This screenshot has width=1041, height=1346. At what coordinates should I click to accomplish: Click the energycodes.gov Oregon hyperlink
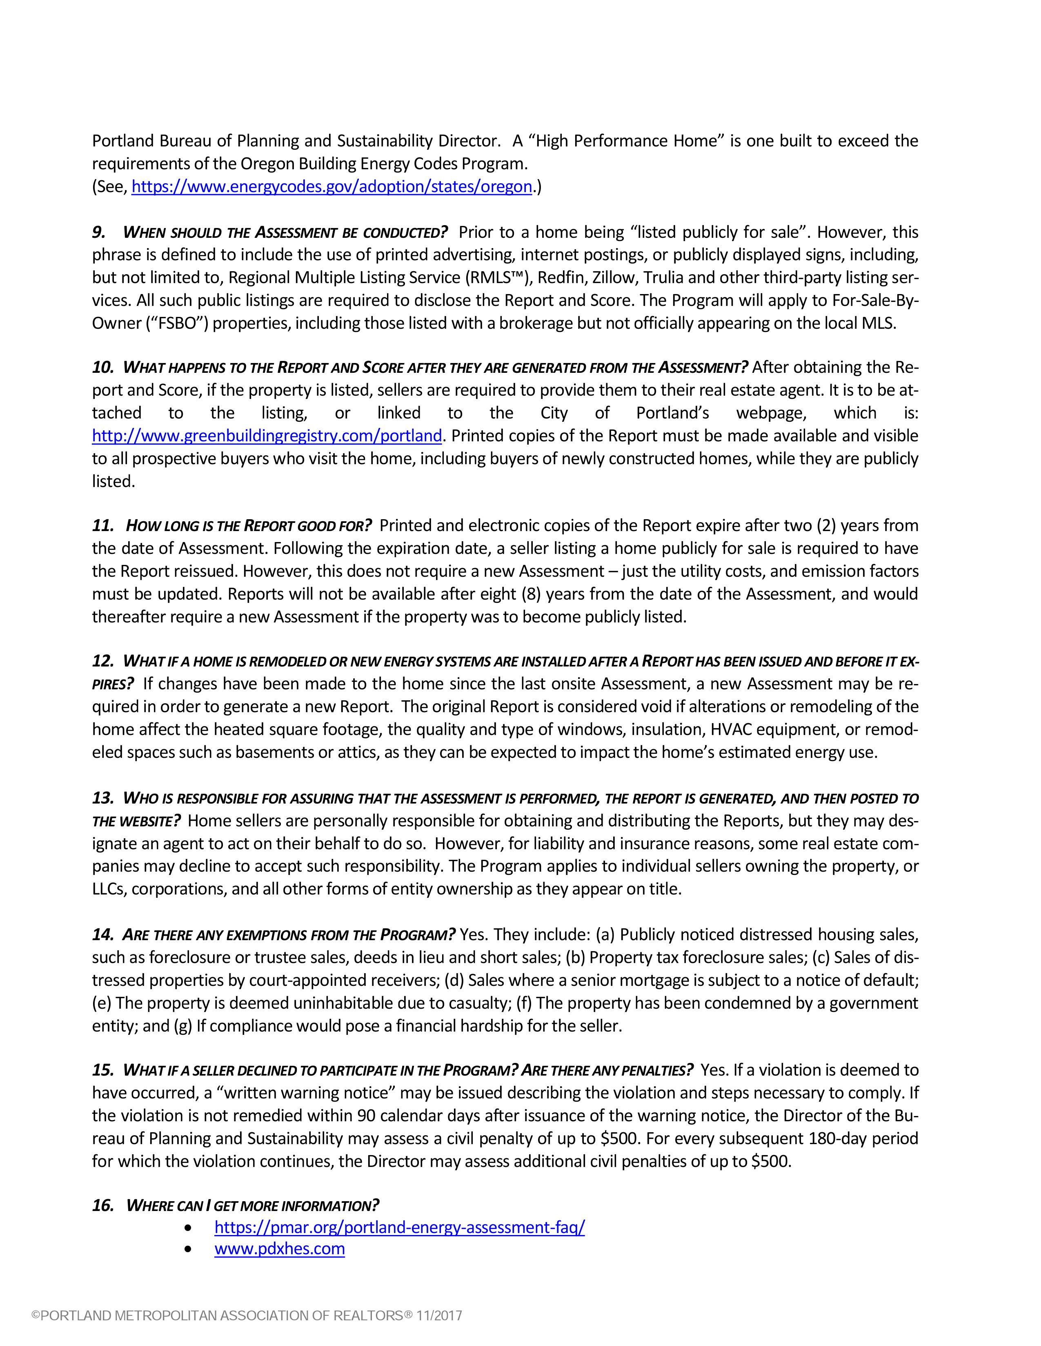332,187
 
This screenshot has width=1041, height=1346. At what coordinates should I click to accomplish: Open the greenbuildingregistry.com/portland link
267,436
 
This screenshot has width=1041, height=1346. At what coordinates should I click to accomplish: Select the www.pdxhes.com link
279,1249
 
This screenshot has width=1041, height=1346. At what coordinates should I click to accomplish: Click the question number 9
99,232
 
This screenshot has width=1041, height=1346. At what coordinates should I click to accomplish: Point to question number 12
102,661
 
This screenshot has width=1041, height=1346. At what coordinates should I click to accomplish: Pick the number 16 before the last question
102,1205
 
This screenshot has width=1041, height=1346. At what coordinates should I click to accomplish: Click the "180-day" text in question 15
834,1138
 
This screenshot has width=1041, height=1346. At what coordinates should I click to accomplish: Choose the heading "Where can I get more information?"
253,1205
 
